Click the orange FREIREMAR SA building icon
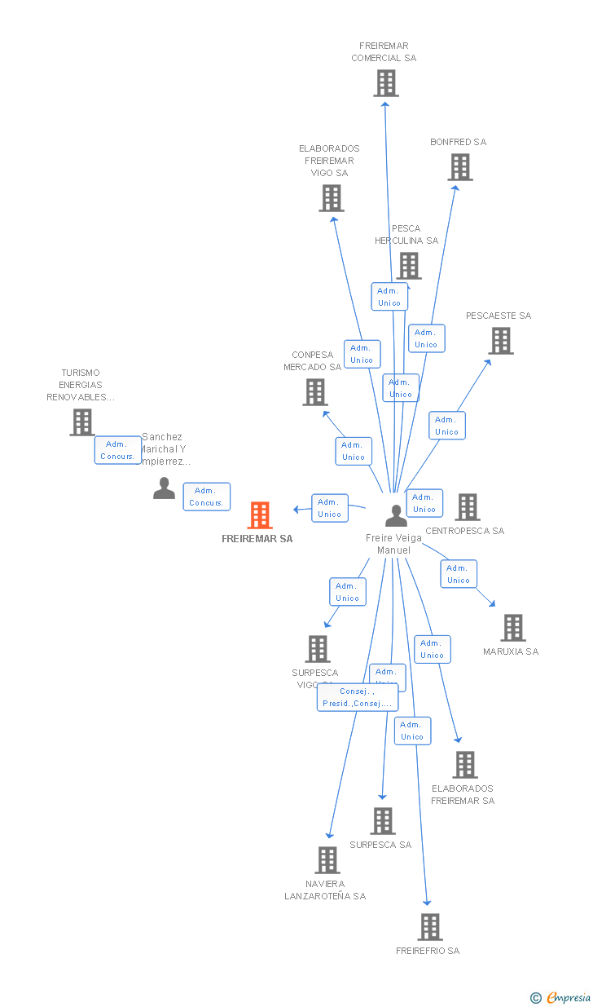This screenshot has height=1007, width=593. pyautogui.click(x=259, y=515)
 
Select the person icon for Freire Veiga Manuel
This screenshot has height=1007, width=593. pyautogui.click(x=396, y=515)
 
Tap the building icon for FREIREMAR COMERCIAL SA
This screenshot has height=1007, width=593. pyautogui.click(x=386, y=83)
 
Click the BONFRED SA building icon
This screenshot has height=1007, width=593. pyautogui.click(x=460, y=167)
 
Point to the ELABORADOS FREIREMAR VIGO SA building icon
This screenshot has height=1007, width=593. pyautogui.click(x=332, y=198)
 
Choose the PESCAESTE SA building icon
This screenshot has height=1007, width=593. pyautogui.click(x=501, y=341)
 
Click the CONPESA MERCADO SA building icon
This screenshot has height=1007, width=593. pyautogui.click(x=314, y=392)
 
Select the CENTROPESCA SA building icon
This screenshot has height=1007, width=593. pyautogui.click(x=468, y=507)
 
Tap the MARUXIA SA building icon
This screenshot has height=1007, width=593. pyautogui.click(x=513, y=628)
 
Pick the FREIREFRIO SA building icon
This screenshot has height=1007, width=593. pyautogui.click(x=430, y=927)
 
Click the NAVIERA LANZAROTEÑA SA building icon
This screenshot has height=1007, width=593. pyautogui.click(x=327, y=860)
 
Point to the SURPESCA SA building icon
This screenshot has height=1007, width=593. pyautogui.click(x=383, y=821)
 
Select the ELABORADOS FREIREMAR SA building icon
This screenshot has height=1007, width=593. pyautogui.click(x=466, y=765)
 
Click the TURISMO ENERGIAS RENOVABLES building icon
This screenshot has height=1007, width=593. pyautogui.click(x=81, y=422)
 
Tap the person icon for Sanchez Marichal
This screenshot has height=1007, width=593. pyautogui.click(x=164, y=488)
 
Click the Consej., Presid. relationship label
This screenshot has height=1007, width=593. pyautogui.click(x=357, y=697)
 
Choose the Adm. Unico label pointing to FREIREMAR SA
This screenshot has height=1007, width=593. pyautogui.click(x=329, y=508)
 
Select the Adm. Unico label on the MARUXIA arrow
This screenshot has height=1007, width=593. pyautogui.click(x=458, y=574)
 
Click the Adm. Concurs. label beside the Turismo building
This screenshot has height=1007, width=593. pyautogui.click(x=117, y=450)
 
